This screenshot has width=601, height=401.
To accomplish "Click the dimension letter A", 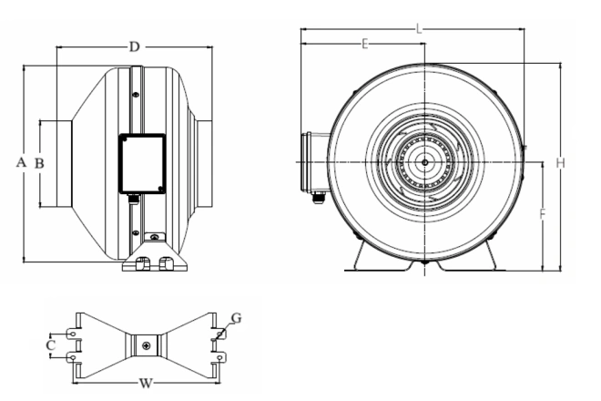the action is click(22, 162).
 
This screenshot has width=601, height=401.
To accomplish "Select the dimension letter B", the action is click(39, 163).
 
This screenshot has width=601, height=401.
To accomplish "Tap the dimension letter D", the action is click(134, 46).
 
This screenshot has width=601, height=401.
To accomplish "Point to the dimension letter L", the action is click(419, 29).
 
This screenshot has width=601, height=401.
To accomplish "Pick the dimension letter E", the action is click(365, 44).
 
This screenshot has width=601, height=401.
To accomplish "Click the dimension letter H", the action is click(561, 163).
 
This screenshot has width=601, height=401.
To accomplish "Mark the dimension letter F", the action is click(543, 214).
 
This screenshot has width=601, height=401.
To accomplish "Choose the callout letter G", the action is click(237, 318).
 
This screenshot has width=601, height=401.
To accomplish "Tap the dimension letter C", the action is click(51, 345).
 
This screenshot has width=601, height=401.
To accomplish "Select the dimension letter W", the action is click(146, 383).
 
